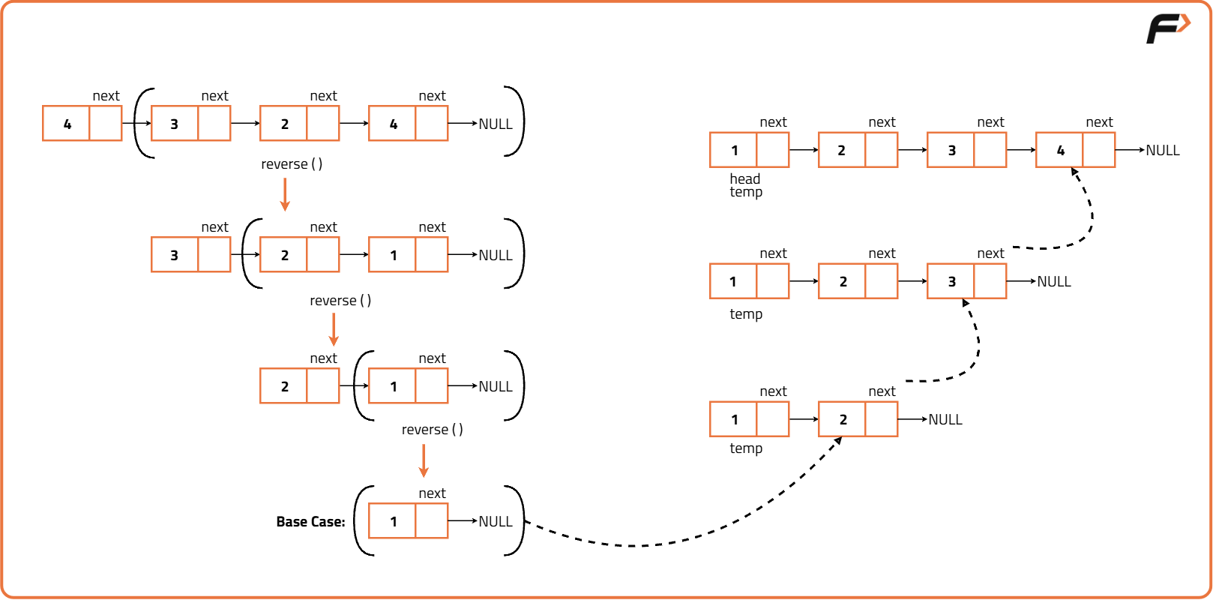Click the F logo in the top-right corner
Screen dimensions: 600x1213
click(x=1167, y=28)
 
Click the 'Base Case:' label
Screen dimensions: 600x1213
click(x=310, y=522)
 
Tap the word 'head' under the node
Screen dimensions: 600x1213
click(x=744, y=178)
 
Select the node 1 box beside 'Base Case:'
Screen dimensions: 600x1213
click(x=408, y=521)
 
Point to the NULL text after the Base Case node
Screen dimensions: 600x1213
click(x=496, y=522)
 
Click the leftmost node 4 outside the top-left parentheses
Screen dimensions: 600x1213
click(x=82, y=124)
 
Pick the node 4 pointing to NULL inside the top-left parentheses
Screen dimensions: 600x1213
click(x=408, y=124)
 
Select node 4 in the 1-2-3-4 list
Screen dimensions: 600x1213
click(x=1075, y=150)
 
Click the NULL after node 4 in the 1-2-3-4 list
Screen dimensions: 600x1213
click(x=1162, y=151)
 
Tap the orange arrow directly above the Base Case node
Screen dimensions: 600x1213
click(x=424, y=460)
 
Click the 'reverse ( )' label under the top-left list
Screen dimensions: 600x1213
click(x=292, y=164)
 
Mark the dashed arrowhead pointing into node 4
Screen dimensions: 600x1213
click(x=1075, y=172)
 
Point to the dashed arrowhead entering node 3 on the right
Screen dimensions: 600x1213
click(x=966, y=304)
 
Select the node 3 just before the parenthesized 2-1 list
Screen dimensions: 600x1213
click(x=190, y=255)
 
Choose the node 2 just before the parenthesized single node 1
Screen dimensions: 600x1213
click(x=299, y=386)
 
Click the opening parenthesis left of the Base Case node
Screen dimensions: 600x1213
click(x=362, y=521)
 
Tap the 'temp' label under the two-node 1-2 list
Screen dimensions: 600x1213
click(x=746, y=448)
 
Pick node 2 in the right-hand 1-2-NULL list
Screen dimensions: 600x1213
click(x=858, y=419)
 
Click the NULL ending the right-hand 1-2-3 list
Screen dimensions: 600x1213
click(x=1053, y=282)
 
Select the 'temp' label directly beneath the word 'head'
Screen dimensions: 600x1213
click(x=746, y=193)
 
